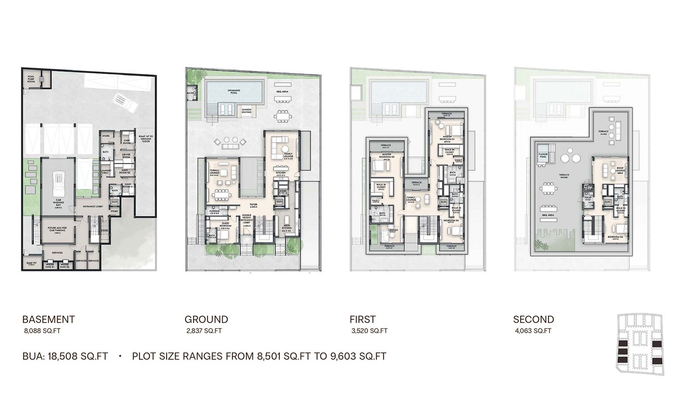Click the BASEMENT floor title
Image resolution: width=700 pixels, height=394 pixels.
click(x=49, y=320)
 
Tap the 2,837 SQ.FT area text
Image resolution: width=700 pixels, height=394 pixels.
click(x=204, y=331)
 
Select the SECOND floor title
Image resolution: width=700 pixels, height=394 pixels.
click(x=533, y=320)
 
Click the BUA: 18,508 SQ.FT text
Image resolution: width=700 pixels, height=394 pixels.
click(x=65, y=356)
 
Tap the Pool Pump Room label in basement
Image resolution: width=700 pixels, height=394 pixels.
click(x=31, y=79)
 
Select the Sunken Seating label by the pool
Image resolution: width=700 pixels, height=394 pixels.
click(x=246, y=112)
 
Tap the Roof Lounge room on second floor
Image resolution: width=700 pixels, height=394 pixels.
click(x=610, y=169)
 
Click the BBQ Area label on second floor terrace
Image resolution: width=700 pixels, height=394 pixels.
click(x=548, y=215)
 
